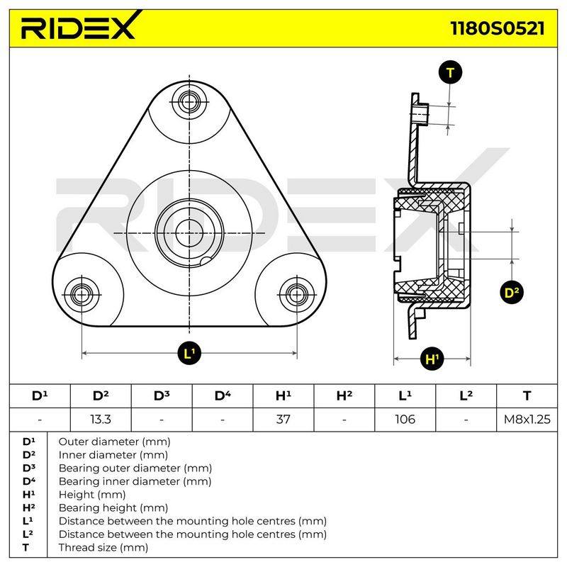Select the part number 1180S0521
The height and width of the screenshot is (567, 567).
498,28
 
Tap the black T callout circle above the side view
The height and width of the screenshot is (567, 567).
450,73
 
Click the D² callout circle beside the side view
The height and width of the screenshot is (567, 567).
512,292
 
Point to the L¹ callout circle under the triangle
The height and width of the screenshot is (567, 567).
189,353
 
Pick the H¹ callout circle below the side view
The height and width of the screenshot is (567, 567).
432,359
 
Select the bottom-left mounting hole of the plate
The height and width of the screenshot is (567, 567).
82,295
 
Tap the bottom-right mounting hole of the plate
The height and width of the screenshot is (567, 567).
297,295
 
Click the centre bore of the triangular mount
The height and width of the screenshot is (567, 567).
189,233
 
